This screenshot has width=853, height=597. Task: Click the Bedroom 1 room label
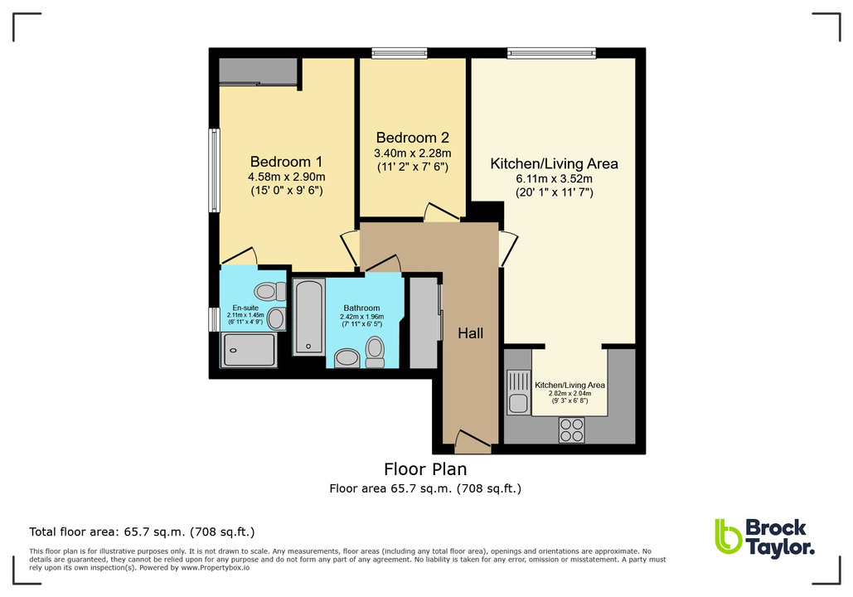(286, 162)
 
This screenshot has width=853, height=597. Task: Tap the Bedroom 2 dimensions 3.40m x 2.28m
(412, 153)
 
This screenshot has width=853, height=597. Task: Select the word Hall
(471, 333)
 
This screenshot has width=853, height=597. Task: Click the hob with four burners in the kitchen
(571, 429)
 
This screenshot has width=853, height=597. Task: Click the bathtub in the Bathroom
(309, 317)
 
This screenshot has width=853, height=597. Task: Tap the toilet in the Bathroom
(376, 352)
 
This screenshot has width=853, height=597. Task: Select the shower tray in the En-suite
(248, 349)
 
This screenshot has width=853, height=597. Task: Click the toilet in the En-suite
(266, 291)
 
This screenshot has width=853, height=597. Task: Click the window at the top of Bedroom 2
(399, 54)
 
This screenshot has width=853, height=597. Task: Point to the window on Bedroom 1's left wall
(214, 170)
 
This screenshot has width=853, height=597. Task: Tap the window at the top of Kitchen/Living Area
(551, 54)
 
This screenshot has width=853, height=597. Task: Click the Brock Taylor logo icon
(728, 536)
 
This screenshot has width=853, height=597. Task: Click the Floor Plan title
(425, 469)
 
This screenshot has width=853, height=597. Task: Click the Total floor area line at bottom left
(142, 531)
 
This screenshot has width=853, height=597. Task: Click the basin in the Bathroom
(347, 357)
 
